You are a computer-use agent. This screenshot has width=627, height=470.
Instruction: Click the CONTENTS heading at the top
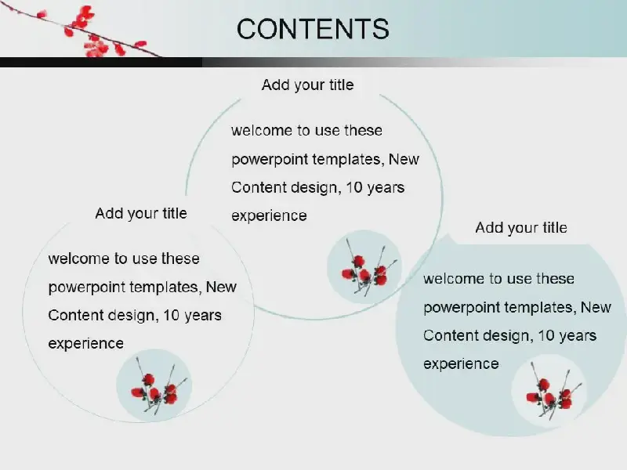(313, 29)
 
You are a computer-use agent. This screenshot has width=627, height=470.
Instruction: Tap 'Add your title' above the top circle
(307, 85)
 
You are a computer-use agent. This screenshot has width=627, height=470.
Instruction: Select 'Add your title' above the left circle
(141, 213)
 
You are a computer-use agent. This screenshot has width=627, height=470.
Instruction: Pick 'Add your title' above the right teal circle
(521, 228)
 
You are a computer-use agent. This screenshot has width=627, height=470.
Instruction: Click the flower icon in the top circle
(364, 266)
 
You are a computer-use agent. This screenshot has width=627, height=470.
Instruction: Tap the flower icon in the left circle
(154, 385)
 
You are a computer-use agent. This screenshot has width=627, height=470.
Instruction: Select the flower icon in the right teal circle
(549, 391)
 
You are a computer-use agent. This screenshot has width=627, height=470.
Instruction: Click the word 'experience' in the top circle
(269, 216)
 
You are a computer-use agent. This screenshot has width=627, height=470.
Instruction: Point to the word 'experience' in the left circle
(86, 344)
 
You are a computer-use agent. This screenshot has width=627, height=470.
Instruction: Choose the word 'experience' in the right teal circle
(461, 364)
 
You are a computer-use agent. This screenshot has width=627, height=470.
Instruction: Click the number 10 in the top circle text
(353, 187)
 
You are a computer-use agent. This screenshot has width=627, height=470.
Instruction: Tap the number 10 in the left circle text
(171, 316)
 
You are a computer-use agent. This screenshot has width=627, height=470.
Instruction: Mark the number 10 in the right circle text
(545, 336)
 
